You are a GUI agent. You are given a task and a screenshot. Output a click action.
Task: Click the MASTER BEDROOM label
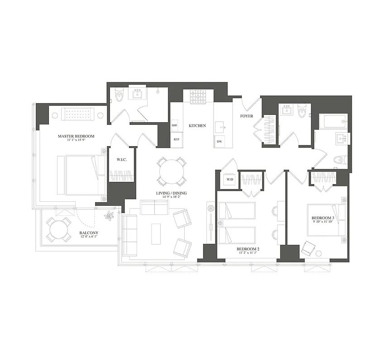[76, 136]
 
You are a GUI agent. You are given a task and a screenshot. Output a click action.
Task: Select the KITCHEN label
[197, 125]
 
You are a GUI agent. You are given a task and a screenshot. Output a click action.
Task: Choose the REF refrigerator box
[176, 139]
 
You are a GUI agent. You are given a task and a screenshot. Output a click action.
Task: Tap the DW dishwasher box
[219, 142]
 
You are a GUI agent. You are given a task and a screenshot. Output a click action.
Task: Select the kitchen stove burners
[198, 96]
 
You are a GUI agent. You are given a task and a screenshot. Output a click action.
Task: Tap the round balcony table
[60, 229]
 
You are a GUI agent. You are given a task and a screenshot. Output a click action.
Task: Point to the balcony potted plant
[109, 216]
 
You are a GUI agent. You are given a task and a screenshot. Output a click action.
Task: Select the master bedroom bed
[81, 175]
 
